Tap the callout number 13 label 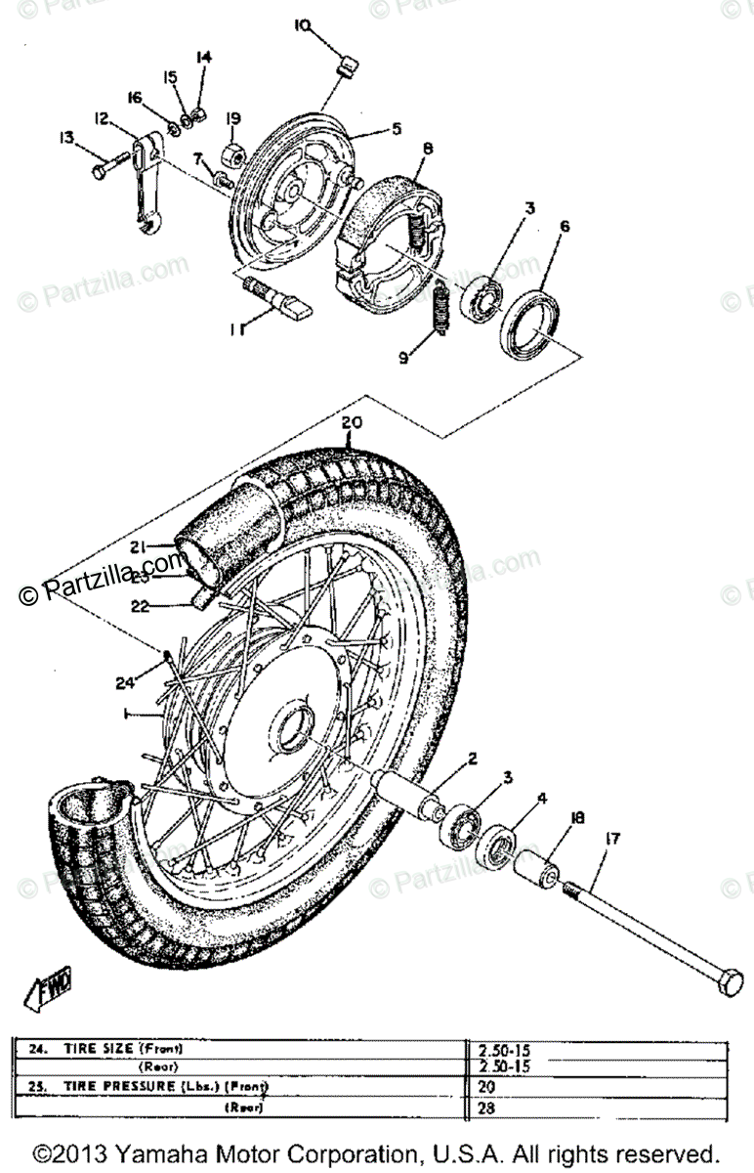[66, 139]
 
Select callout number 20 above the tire [353, 423]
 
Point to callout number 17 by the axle [612, 837]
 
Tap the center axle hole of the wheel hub [293, 728]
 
